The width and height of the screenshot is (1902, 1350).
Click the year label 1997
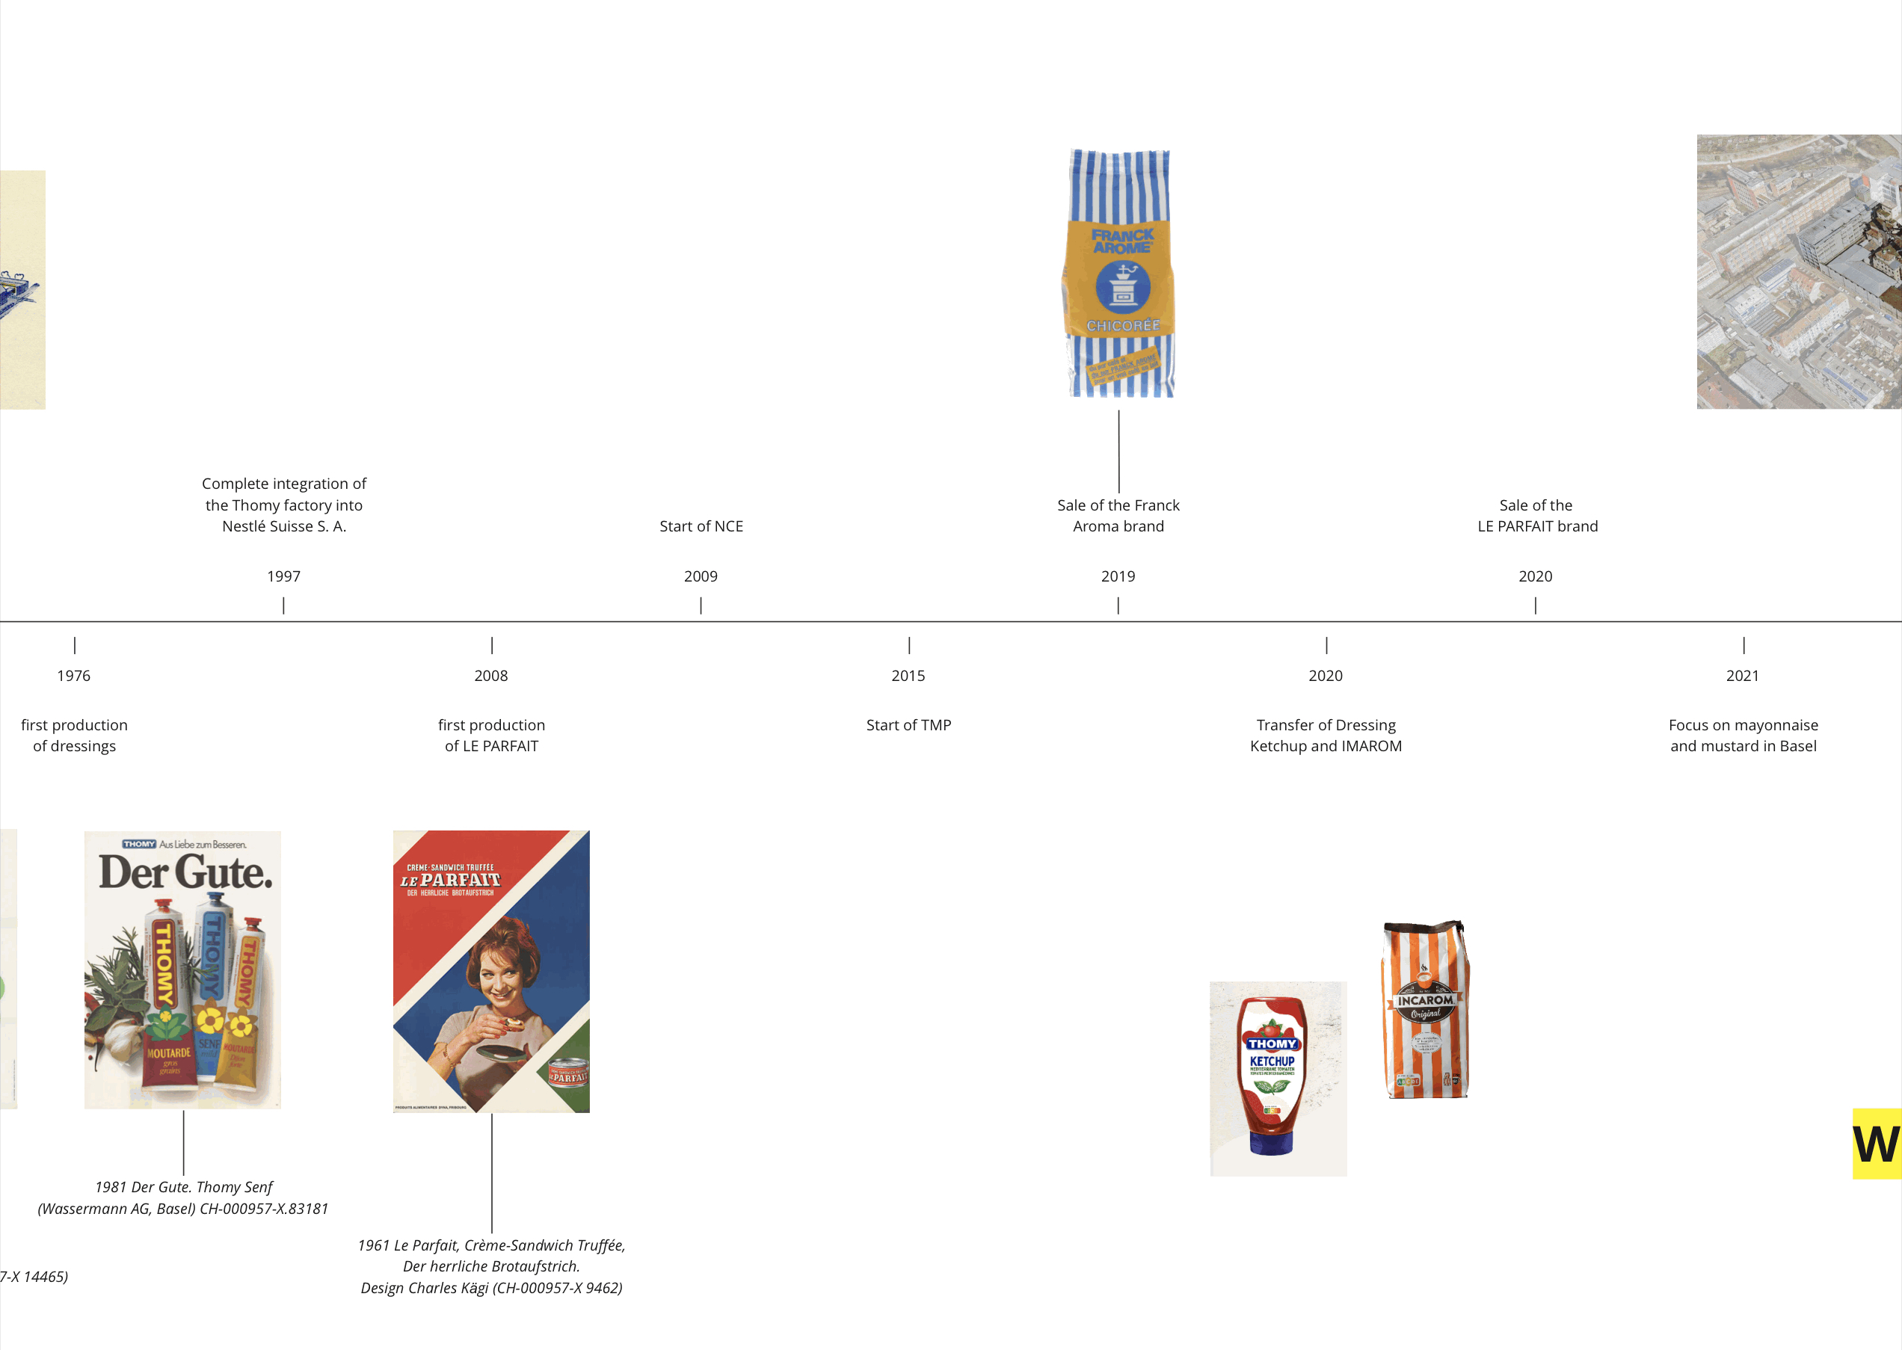pyautogui.click(x=283, y=576)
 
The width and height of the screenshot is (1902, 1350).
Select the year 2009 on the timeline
pyautogui.click(x=701, y=576)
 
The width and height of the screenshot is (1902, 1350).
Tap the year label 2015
pyautogui.click(x=908, y=676)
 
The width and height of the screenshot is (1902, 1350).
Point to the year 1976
pyautogui.click(x=74, y=676)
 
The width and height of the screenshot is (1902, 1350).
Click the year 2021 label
pyautogui.click(x=1743, y=676)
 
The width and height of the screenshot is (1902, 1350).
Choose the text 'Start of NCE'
pyautogui.click(x=701, y=526)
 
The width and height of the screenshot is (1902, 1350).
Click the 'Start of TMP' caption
pyautogui.click(x=908, y=725)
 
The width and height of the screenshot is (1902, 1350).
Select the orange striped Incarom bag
pyautogui.click(x=1425, y=1010)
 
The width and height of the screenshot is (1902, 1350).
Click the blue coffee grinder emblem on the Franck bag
pyautogui.click(x=1122, y=287)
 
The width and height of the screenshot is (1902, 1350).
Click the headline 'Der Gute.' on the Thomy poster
pyautogui.click(x=185, y=872)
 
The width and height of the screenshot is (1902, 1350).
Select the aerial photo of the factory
pyautogui.click(x=1798, y=272)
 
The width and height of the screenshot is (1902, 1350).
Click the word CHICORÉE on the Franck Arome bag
pyautogui.click(x=1122, y=326)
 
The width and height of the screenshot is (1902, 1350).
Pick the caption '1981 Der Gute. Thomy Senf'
pyautogui.click(x=184, y=1187)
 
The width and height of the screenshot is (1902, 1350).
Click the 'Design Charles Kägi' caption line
pyautogui.click(x=491, y=1288)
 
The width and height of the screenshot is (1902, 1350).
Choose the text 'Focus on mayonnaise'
pyautogui.click(x=1743, y=725)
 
